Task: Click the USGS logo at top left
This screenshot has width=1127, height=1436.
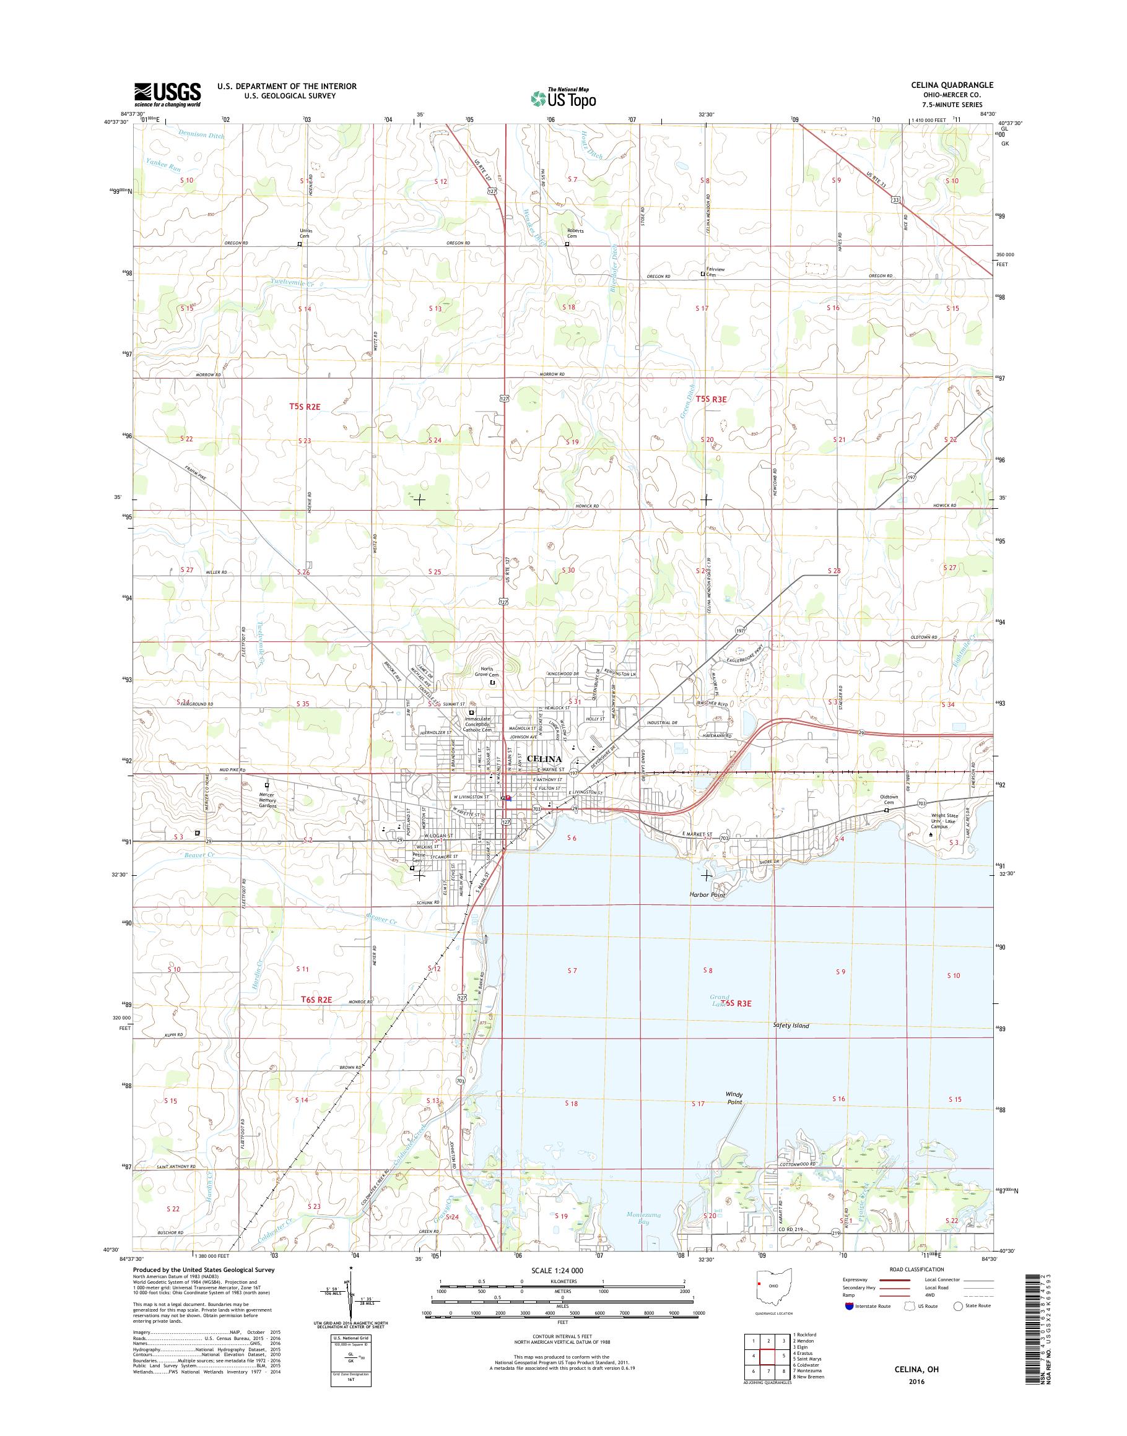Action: [168, 94]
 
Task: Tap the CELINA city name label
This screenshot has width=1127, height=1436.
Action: [544, 759]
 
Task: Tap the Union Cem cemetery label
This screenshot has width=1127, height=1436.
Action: [305, 233]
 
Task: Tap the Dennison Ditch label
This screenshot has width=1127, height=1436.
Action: [201, 134]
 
